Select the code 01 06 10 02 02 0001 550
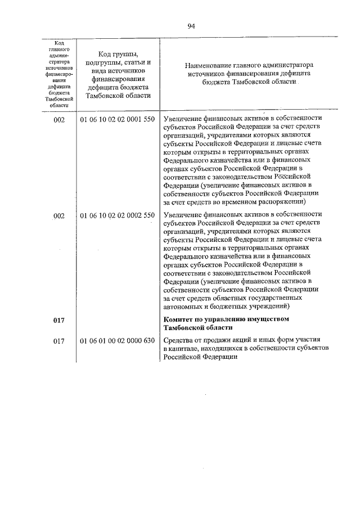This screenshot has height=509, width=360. (x=117, y=120)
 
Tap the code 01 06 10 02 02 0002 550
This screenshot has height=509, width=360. (x=117, y=215)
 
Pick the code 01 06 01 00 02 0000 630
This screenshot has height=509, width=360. (x=117, y=341)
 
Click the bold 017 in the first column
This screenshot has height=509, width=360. (x=59, y=320)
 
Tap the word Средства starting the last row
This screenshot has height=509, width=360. (x=178, y=341)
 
